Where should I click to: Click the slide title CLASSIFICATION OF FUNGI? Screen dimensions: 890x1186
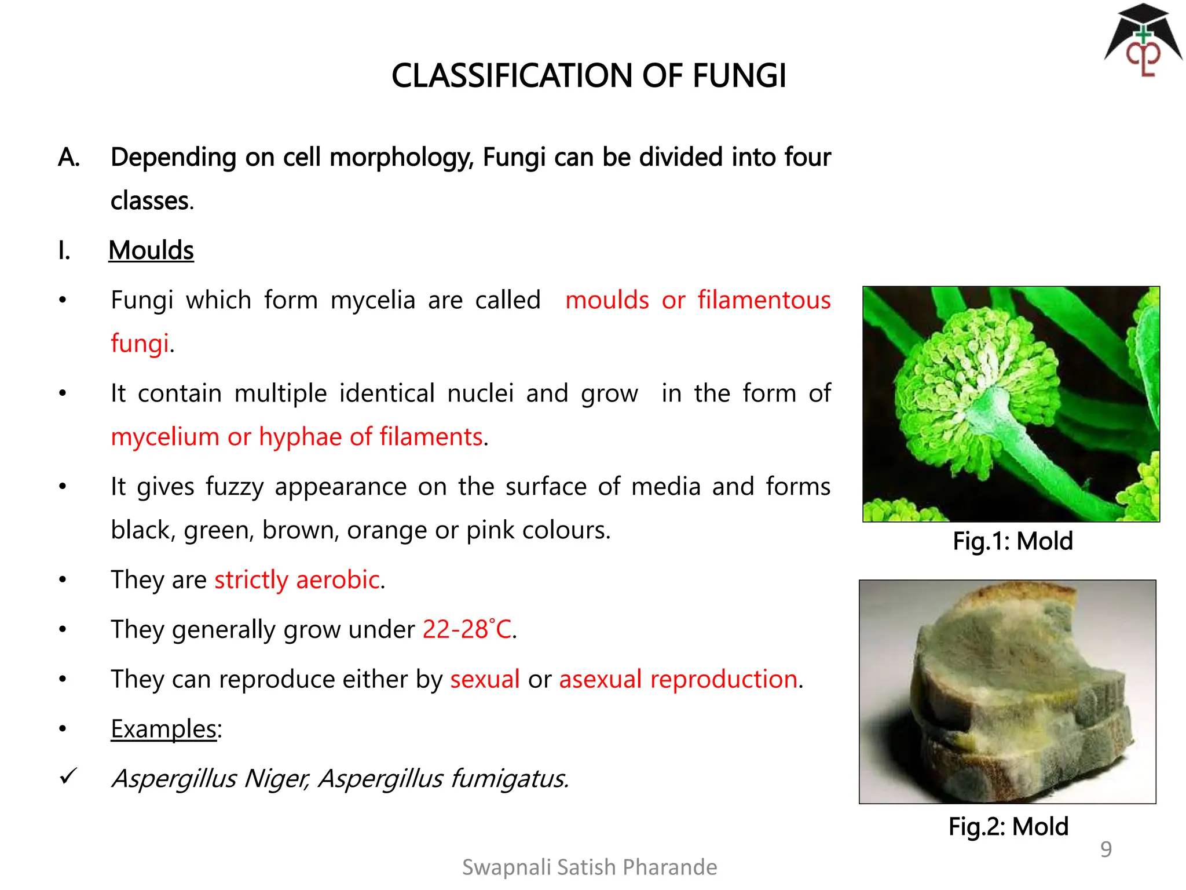pyautogui.click(x=588, y=76)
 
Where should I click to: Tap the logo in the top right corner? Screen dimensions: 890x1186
pyautogui.click(x=1143, y=42)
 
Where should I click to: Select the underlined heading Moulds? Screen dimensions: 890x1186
pyautogui.click(x=151, y=250)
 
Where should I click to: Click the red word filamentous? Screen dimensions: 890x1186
pyautogui.click(x=764, y=300)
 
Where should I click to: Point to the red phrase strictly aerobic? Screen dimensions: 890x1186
pyautogui.click(x=297, y=579)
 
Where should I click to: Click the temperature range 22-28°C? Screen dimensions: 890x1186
pyautogui.click(x=467, y=629)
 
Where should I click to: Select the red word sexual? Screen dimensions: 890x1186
pyautogui.click(x=485, y=679)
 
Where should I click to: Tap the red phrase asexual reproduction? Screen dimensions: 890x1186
pyautogui.click(x=678, y=679)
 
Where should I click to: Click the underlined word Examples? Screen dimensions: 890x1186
pyautogui.click(x=164, y=729)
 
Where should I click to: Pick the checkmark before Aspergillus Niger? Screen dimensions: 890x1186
pyautogui.click(x=68, y=776)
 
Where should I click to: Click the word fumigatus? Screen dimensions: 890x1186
pyautogui.click(x=509, y=779)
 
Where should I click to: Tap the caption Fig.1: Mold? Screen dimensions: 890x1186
pyautogui.click(x=1013, y=541)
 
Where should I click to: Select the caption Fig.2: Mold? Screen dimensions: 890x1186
pyautogui.click(x=1008, y=826)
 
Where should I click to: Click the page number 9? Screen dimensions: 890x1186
pyautogui.click(x=1106, y=849)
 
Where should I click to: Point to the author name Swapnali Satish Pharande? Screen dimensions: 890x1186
pyautogui.click(x=590, y=867)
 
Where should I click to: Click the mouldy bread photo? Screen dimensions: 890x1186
pyautogui.click(x=1008, y=692)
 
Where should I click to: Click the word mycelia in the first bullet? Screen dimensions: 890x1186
pyautogui.click(x=373, y=300)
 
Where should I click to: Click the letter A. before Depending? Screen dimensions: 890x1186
pyautogui.click(x=69, y=158)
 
